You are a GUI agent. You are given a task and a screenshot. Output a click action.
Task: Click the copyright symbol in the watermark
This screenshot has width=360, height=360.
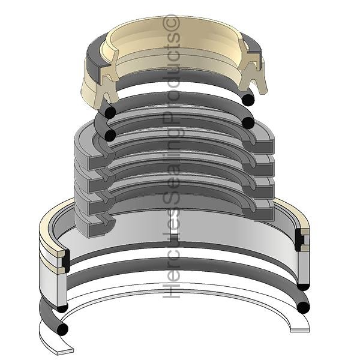(x=171, y=22)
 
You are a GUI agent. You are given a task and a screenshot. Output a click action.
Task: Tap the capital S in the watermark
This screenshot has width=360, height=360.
(x=171, y=195)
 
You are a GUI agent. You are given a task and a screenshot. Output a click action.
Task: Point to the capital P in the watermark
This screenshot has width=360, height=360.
(x=171, y=121)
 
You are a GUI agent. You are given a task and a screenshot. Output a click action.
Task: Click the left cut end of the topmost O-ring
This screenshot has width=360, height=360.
(x=110, y=113)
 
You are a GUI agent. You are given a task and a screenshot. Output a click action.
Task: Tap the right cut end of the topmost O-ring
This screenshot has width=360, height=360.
(x=248, y=100)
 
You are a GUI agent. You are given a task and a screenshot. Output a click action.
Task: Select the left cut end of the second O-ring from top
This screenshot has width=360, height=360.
(x=110, y=135)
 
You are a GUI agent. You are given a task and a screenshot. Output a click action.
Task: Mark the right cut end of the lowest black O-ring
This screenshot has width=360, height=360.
(x=303, y=307)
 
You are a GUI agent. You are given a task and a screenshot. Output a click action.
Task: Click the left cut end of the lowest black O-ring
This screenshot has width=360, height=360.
(x=62, y=329)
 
